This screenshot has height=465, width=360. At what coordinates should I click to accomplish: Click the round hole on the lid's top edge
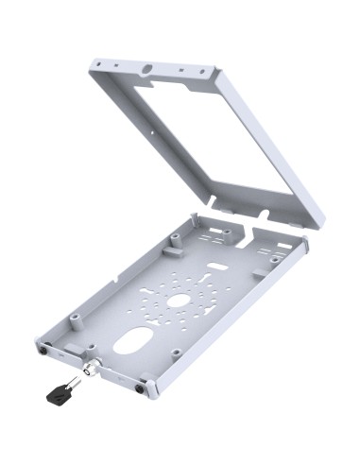(147, 69)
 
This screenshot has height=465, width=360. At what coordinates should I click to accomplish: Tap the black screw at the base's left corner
(44, 348)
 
